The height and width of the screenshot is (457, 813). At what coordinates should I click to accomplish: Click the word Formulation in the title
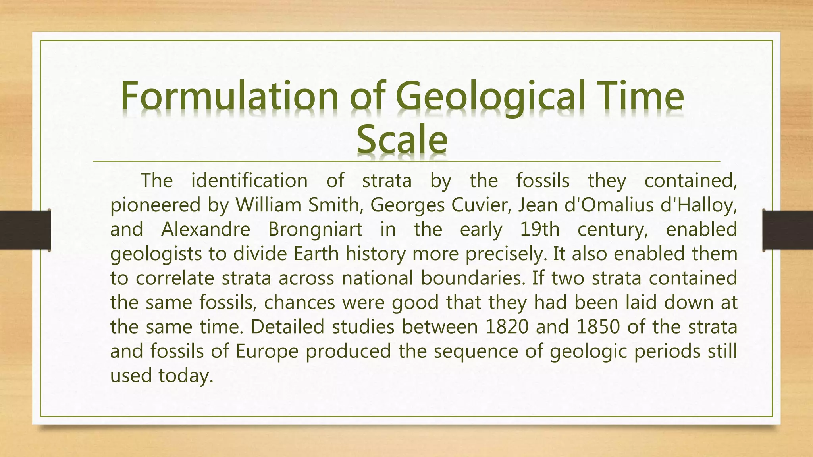(229, 96)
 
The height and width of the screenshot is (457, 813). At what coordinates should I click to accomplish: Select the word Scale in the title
(402, 140)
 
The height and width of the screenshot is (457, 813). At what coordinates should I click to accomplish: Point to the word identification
(249, 181)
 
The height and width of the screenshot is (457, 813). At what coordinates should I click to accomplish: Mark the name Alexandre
(206, 230)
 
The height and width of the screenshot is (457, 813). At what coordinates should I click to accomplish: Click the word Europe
(267, 351)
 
